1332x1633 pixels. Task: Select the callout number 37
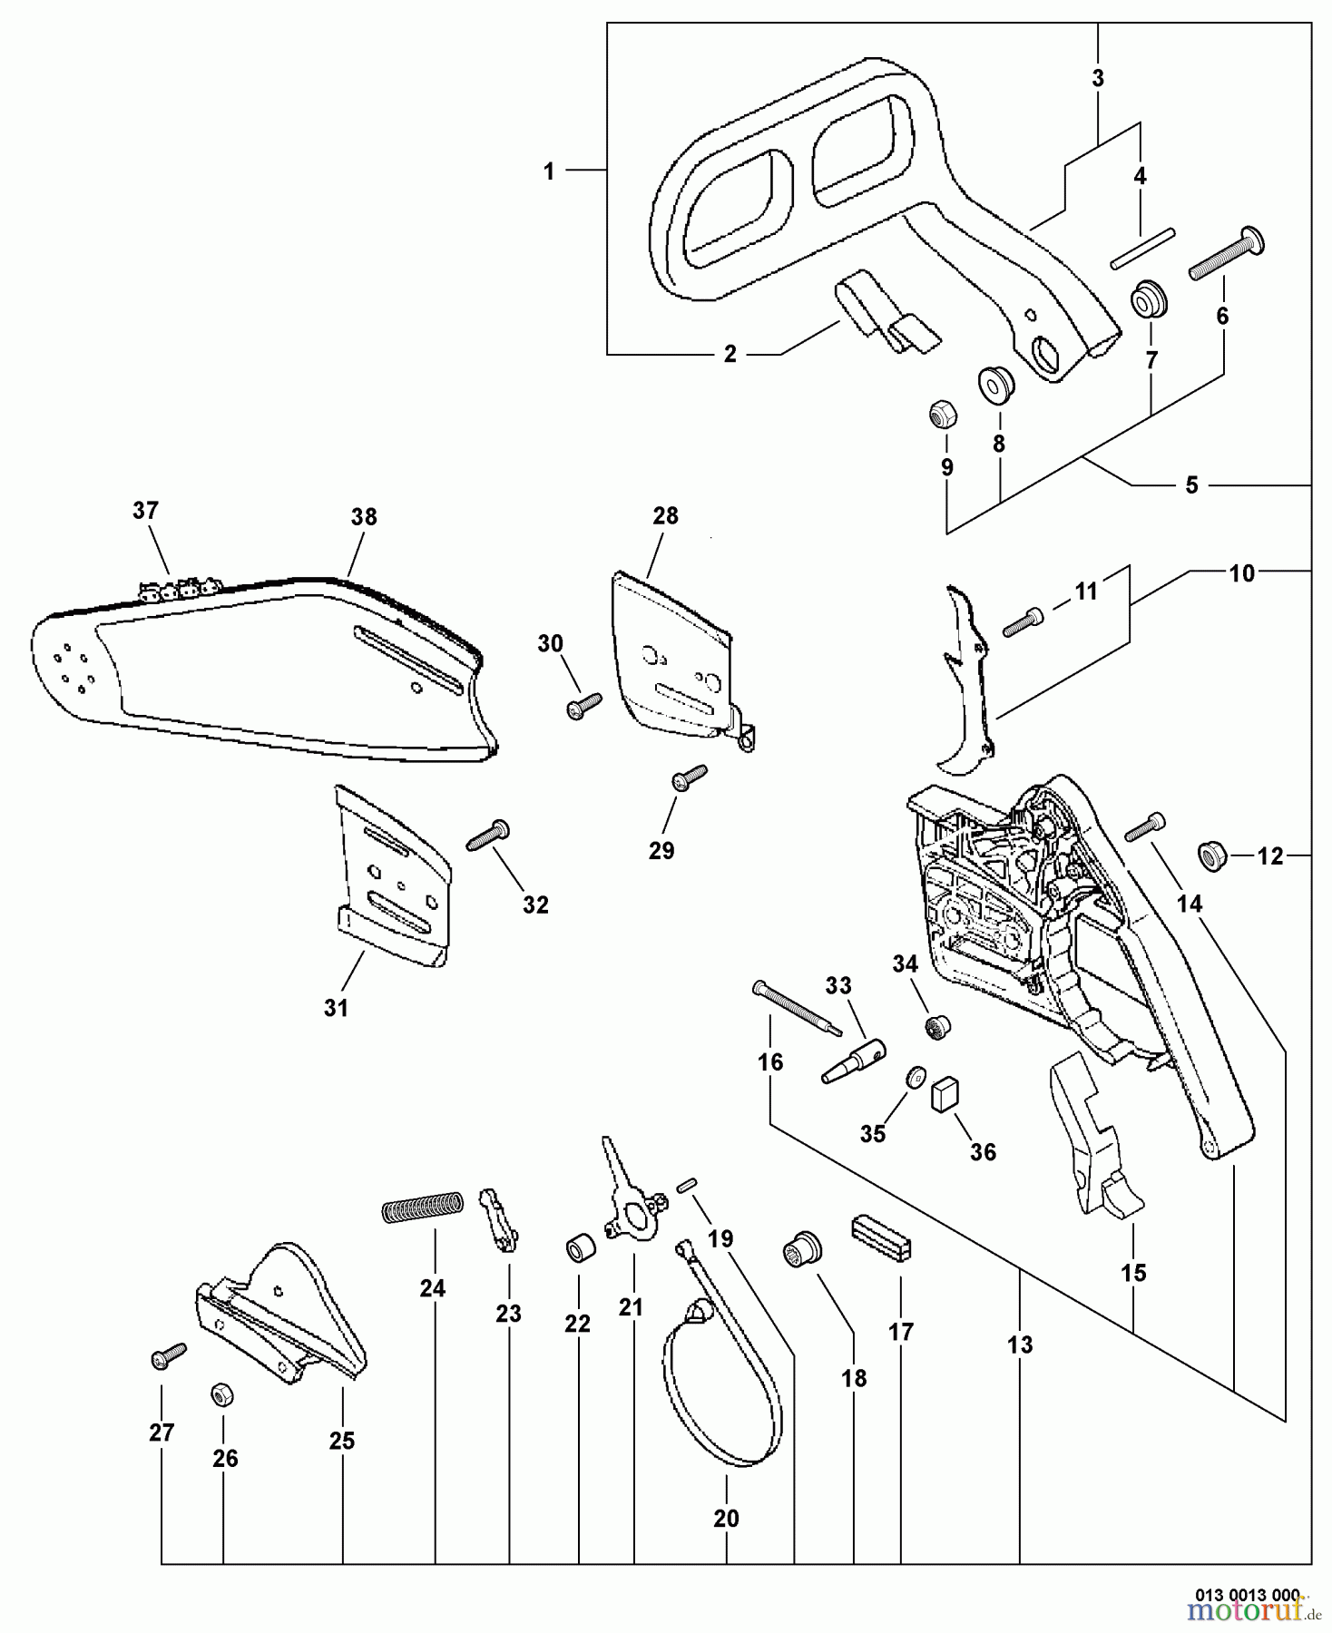click(x=145, y=511)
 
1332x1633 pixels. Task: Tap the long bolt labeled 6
click(x=1227, y=256)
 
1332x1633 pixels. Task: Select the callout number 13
click(x=1020, y=1345)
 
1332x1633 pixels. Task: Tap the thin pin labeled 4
click(x=1142, y=248)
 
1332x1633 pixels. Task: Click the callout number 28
click(x=665, y=516)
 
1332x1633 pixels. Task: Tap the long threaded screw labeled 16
click(x=797, y=1008)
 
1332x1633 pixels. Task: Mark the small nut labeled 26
click(x=219, y=1393)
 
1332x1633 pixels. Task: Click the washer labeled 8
click(x=995, y=386)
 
